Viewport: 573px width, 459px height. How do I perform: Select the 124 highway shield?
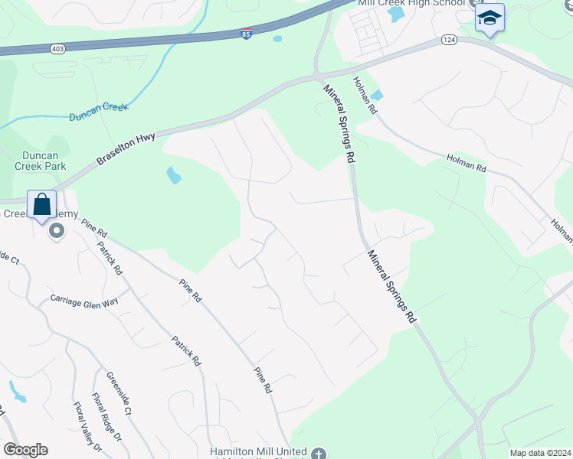449,40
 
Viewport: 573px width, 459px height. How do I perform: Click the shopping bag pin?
42,204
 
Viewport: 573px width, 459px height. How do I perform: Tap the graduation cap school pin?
490,18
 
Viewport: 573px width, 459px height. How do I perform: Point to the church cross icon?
319,453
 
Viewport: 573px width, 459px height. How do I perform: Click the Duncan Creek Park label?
40,160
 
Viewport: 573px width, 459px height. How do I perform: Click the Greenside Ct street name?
120,393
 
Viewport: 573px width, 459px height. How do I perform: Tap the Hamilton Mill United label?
258,452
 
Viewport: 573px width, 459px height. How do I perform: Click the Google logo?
25,450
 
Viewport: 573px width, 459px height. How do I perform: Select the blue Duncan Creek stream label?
99,112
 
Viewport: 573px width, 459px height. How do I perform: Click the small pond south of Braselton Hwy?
174,175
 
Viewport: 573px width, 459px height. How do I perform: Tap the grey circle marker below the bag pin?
55,230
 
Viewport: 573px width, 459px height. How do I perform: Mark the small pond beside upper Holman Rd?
377,96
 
